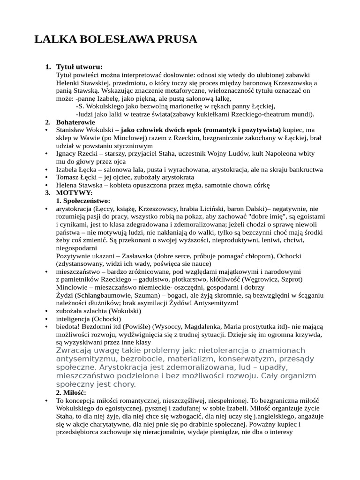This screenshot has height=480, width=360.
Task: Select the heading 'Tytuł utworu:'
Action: [x=79, y=67]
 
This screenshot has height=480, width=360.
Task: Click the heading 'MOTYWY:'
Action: [x=75, y=193]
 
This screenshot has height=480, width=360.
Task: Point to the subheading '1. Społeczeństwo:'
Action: [x=83, y=201]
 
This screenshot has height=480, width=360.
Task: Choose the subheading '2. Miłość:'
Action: [x=71, y=392]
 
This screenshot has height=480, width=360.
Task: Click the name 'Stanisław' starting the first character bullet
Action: [x=71, y=130]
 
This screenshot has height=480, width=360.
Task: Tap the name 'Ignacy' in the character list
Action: [x=67, y=153]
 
